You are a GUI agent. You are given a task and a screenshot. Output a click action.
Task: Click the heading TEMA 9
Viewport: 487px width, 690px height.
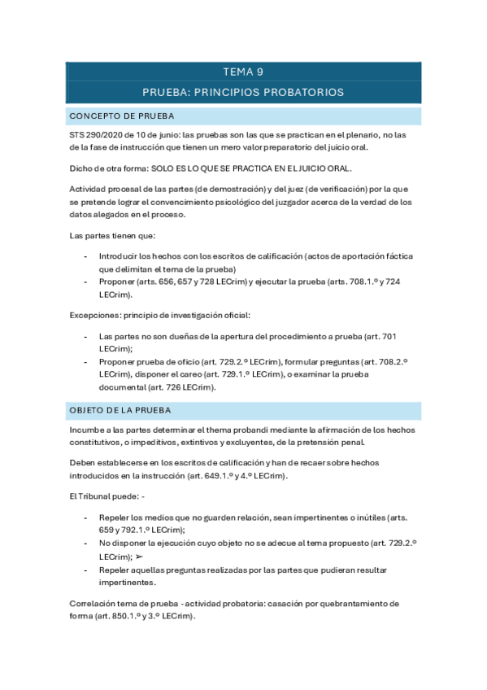tap(243, 72)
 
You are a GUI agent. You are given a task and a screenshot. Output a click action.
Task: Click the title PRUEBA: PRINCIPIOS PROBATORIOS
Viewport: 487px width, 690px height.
tap(243, 92)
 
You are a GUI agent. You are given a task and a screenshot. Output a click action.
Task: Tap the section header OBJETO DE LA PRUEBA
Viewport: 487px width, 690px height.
tap(120, 409)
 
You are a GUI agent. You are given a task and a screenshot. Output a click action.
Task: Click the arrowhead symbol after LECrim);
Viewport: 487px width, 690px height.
tap(139, 557)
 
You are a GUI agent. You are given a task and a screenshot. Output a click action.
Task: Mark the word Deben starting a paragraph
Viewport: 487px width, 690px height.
tap(84, 462)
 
